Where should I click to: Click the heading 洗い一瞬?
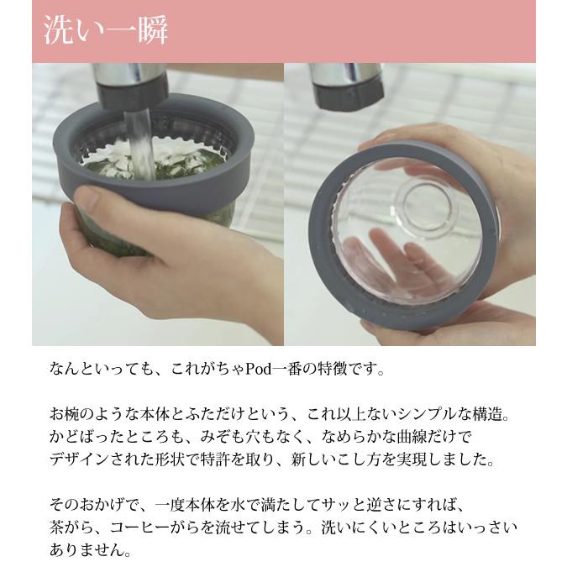pyautogui.click(x=106, y=31)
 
